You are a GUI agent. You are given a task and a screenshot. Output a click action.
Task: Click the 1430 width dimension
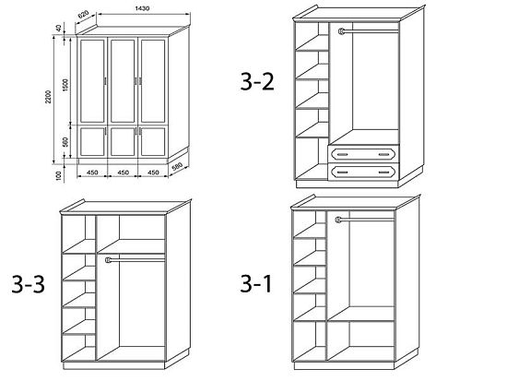(142, 8)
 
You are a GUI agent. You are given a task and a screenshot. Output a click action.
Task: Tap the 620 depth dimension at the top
(83, 15)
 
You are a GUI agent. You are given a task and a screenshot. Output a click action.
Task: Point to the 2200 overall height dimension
(48, 97)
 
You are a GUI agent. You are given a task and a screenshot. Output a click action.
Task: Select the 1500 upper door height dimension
(65, 85)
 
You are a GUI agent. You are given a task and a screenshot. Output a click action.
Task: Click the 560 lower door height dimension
(65, 142)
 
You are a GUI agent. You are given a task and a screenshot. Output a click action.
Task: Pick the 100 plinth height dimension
(58, 175)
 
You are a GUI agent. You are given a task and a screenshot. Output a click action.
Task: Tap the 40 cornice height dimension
(58, 28)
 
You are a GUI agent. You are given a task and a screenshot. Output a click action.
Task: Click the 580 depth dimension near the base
(177, 167)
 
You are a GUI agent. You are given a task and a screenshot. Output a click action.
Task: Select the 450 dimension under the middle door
(123, 173)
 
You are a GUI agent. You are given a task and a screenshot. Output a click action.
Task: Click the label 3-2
(257, 81)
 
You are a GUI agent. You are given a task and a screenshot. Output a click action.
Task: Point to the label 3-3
(29, 284)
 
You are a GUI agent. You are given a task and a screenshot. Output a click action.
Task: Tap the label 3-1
(255, 283)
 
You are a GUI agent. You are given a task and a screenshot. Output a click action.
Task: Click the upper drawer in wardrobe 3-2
(363, 154)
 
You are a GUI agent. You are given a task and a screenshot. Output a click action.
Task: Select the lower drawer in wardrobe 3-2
(363, 172)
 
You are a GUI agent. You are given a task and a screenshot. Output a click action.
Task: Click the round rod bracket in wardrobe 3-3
(109, 259)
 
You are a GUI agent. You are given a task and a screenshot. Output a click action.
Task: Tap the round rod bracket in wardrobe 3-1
(338, 220)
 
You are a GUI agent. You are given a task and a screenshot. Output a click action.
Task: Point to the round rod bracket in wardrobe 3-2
(341, 31)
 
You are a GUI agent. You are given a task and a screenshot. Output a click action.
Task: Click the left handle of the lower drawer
(342, 172)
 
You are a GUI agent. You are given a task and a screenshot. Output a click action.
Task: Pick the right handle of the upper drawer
(384, 154)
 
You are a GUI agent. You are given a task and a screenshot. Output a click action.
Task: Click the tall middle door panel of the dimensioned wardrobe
(123, 81)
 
